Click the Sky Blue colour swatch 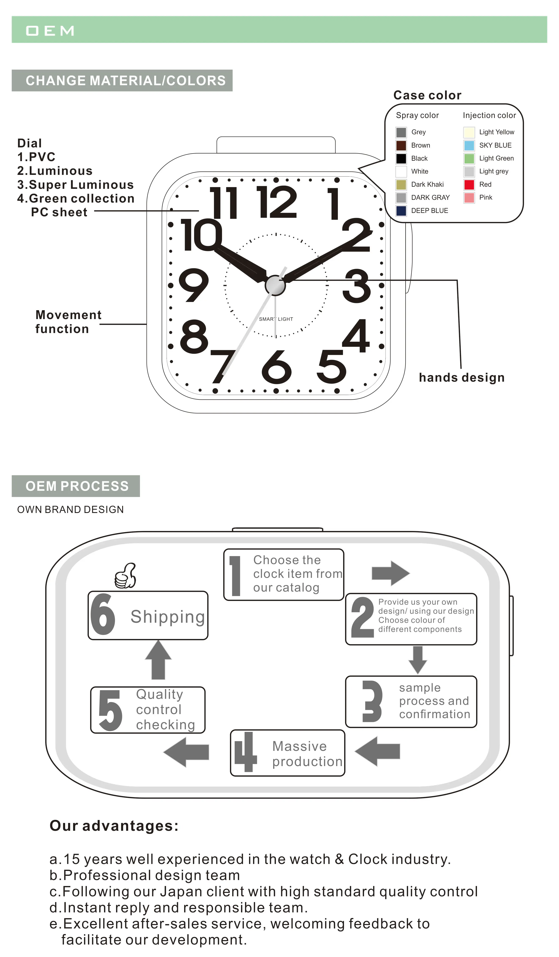(469, 145)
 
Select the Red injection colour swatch (469, 185)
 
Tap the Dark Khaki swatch (401, 185)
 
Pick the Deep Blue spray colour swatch (401, 211)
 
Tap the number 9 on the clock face (194, 285)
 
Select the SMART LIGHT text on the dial (276, 319)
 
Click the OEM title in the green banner (50, 31)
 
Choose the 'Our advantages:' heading (114, 826)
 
